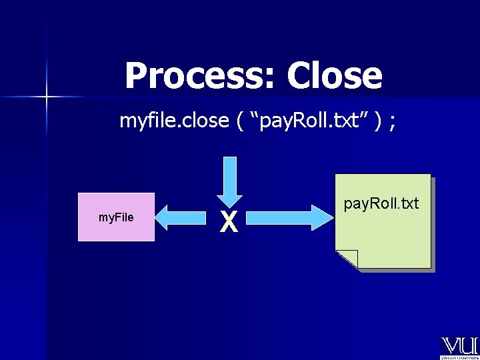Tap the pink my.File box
tap(117, 217)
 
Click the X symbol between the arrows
tap(229, 222)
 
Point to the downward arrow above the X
tap(229, 179)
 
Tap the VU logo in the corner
tap(459, 346)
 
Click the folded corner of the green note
tap(347, 259)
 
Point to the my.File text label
tap(116, 217)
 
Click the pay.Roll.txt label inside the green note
tap(381, 203)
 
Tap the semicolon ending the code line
tap(393, 122)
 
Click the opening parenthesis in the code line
tap(239, 121)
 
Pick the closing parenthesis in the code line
tap(378, 121)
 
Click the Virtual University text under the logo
tap(459, 357)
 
